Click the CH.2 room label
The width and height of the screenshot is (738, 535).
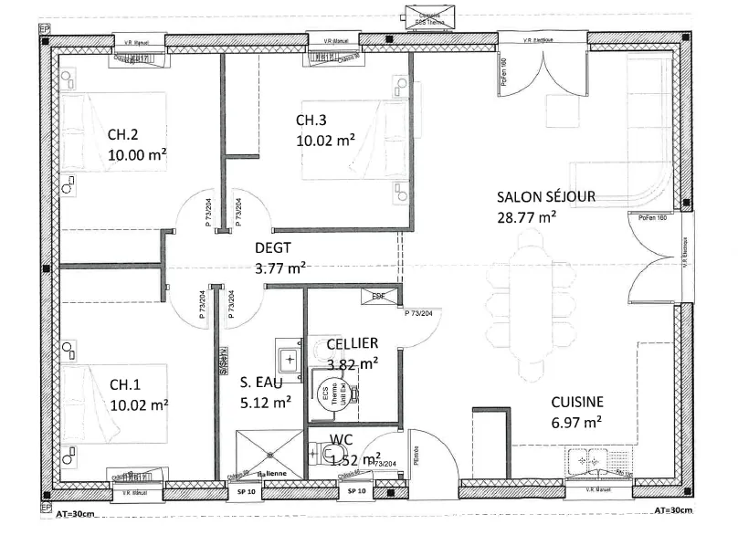click(122, 133)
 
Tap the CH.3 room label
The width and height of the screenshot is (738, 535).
click(311, 121)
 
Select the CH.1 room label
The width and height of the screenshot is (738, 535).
click(125, 384)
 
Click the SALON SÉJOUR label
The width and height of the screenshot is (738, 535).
click(545, 196)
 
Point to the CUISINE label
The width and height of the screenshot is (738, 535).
click(575, 402)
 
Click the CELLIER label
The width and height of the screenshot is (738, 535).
click(352, 343)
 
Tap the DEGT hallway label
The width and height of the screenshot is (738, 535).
click(274, 247)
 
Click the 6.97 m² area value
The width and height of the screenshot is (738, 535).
click(575, 422)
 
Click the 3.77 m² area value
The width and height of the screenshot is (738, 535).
click(279, 268)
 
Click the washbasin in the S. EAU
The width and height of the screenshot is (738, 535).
click(290, 358)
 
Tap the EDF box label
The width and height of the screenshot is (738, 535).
click(378, 296)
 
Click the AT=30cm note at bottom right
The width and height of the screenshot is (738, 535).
click(676, 509)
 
